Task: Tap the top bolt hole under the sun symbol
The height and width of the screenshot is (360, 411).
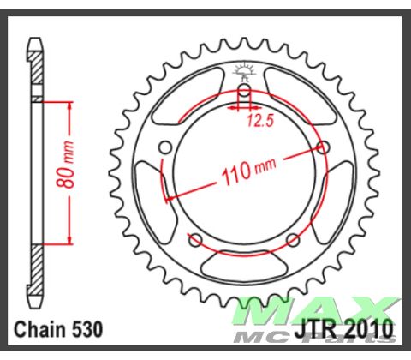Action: tap(243, 90)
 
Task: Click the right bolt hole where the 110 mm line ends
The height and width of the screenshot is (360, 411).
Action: tap(323, 148)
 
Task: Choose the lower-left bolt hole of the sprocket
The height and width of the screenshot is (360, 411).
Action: tap(194, 238)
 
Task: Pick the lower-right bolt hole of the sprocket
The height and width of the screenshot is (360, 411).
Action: tap(292, 238)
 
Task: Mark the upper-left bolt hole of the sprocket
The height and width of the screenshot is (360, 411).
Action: tap(164, 147)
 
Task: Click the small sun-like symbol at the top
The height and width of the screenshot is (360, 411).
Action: tap(243, 69)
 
